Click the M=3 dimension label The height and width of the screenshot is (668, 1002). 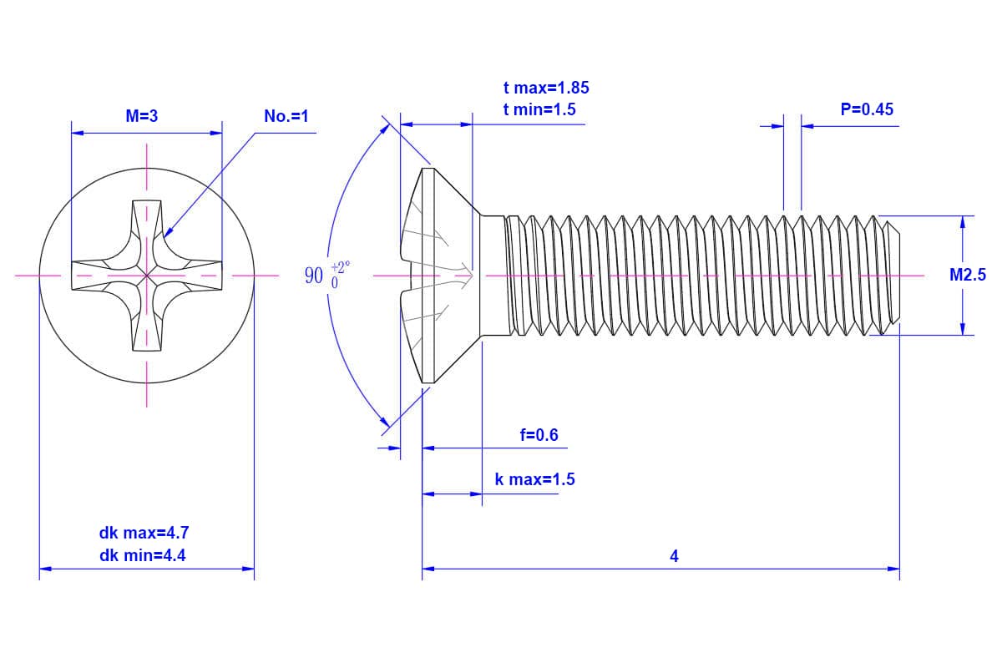142,117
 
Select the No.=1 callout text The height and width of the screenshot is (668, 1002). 286,117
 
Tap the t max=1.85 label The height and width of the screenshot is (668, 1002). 546,88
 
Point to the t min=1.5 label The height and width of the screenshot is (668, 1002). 539,109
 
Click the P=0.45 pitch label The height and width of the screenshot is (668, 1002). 867,109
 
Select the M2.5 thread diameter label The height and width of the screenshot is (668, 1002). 967,275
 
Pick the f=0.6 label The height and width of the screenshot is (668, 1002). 539,435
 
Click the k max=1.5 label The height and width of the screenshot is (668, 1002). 534,479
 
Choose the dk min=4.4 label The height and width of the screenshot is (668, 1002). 139,554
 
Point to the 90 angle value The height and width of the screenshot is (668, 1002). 314,276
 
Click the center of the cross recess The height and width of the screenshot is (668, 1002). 148,274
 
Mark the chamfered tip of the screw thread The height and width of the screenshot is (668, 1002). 893,275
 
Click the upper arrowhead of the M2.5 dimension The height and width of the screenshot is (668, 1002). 963,221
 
